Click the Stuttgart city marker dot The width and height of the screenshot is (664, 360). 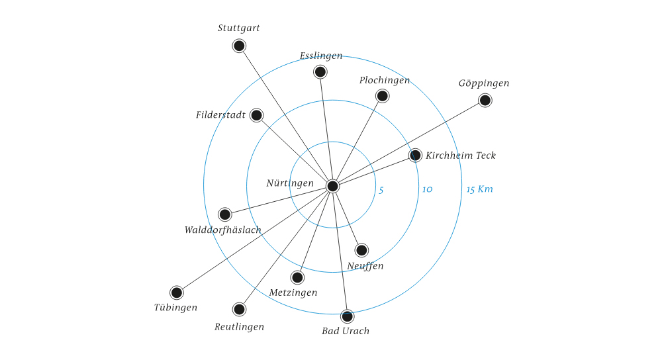click(239, 46)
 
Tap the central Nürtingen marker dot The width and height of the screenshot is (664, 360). click(333, 186)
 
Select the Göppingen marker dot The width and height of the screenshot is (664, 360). click(485, 100)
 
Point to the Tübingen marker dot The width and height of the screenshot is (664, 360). click(176, 292)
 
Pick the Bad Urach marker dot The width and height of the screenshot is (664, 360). click(347, 316)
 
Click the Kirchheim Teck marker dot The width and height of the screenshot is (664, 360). click(415, 156)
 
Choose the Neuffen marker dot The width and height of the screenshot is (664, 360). click(361, 250)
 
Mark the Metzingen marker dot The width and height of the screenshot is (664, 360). click(297, 277)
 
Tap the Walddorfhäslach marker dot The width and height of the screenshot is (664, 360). click(225, 214)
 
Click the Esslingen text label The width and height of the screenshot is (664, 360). click(321, 56)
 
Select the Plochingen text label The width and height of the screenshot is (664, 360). click(385, 81)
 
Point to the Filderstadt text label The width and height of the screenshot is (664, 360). click(220, 115)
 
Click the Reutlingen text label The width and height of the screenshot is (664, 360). click(239, 327)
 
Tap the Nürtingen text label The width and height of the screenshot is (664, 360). click(290, 183)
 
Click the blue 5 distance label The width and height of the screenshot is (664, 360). click(381, 190)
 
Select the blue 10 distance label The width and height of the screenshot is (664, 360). click(427, 190)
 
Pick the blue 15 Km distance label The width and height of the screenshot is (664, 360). click(479, 190)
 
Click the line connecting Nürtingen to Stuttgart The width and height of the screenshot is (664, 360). click(286, 116)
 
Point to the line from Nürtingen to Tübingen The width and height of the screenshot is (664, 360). click(255, 239)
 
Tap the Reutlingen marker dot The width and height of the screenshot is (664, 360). click(239, 309)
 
